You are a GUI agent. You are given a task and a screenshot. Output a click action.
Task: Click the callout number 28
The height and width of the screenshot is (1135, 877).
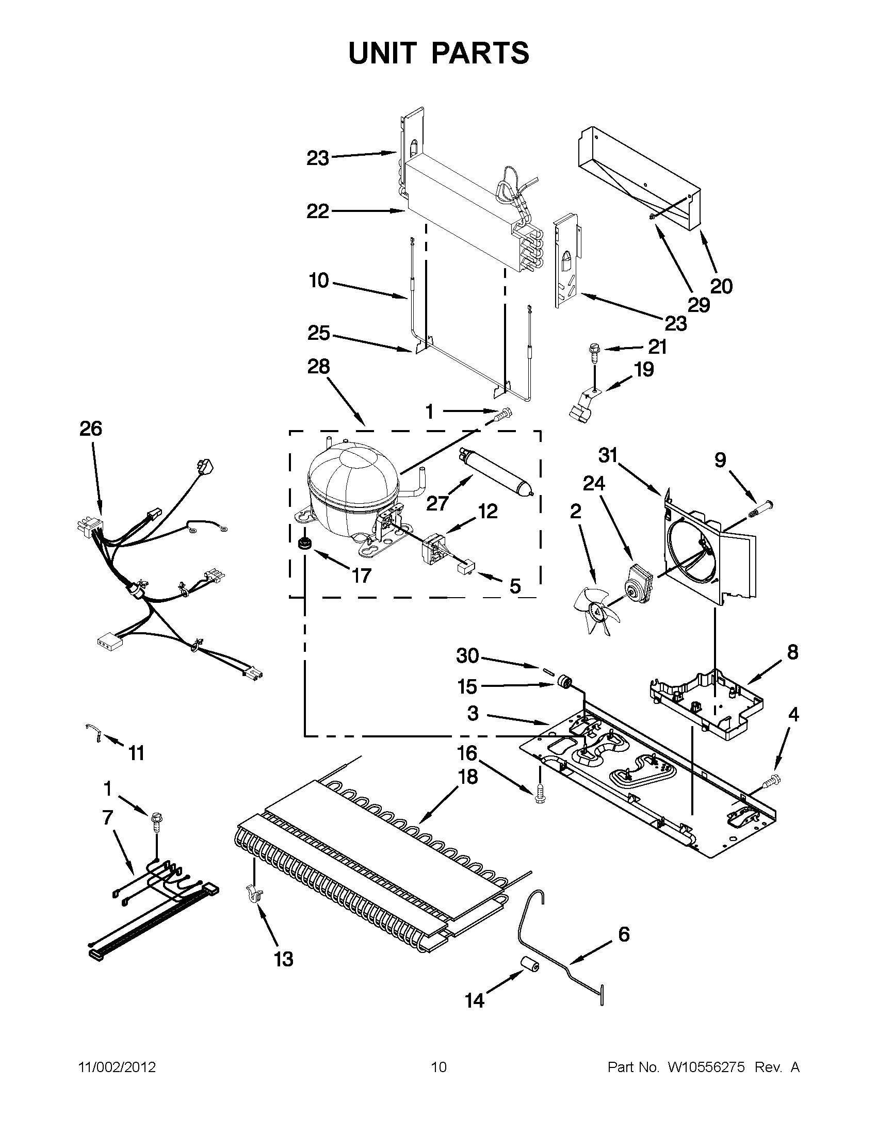pyautogui.click(x=318, y=367)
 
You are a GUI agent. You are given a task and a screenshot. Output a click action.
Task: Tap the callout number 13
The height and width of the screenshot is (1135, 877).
pyautogui.click(x=284, y=959)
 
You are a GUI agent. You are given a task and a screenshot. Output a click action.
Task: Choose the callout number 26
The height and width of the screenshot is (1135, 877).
pyautogui.click(x=90, y=429)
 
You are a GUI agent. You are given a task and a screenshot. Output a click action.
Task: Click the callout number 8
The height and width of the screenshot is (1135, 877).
pyautogui.click(x=792, y=652)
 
